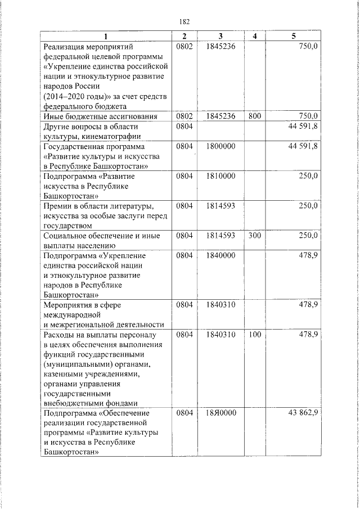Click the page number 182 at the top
[184, 22]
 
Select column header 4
[254, 37]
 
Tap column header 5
[294, 37]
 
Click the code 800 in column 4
[254, 116]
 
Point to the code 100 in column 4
[254, 335]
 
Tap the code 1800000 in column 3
[220, 146]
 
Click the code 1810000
[220, 176]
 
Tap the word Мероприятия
[67, 305]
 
